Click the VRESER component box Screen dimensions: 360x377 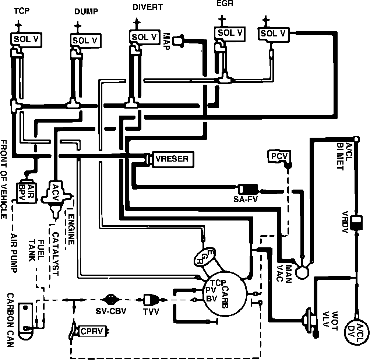[172, 159]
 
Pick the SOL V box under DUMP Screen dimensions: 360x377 [85, 40]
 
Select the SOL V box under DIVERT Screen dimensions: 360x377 [145, 36]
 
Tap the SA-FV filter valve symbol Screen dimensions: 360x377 [248, 189]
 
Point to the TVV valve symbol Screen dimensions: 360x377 [151, 299]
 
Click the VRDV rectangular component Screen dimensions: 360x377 [356, 222]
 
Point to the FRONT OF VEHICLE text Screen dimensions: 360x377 [4, 180]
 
